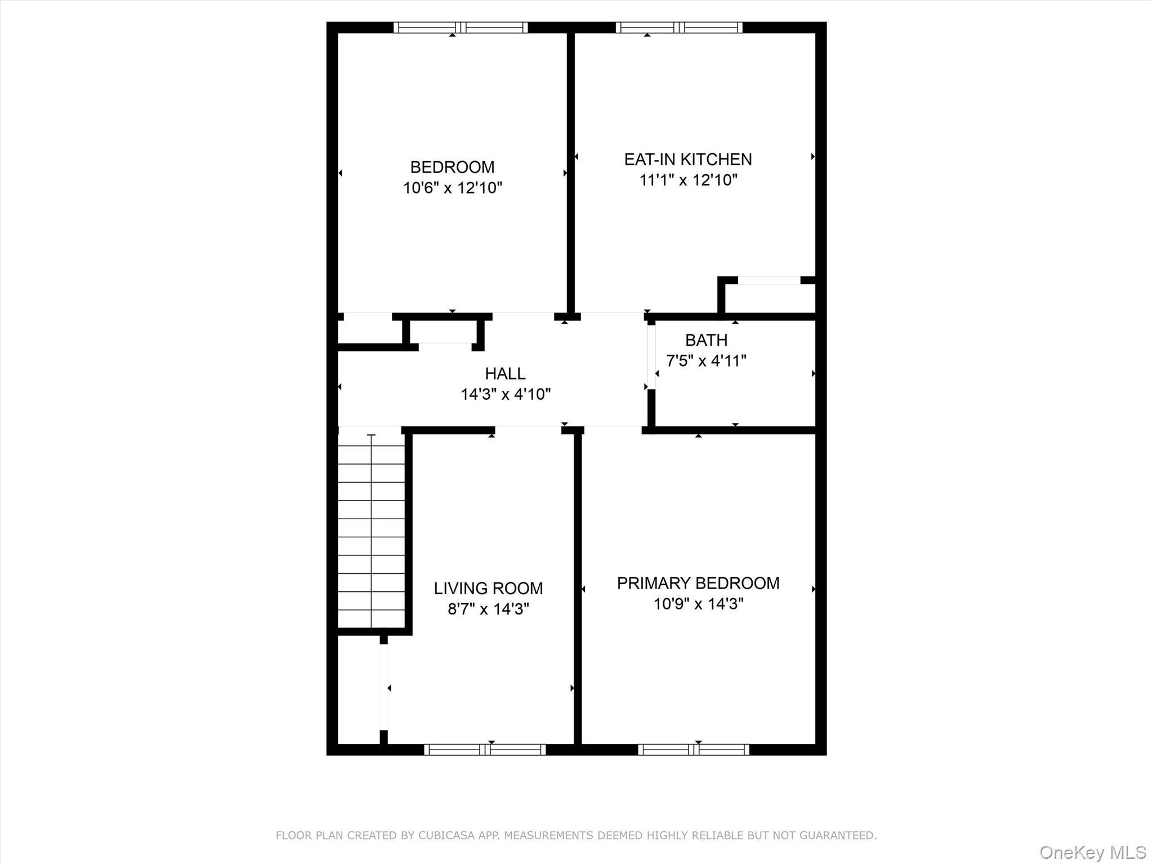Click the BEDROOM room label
click(x=452, y=167)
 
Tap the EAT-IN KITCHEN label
click(x=688, y=159)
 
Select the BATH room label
click(x=706, y=340)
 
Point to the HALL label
click(x=505, y=373)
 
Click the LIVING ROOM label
click(x=488, y=588)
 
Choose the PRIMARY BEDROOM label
click(x=698, y=583)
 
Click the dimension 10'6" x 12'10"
click(x=452, y=188)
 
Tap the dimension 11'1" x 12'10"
click(x=688, y=180)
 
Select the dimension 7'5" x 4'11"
click(x=706, y=360)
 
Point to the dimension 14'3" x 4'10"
click(x=505, y=394)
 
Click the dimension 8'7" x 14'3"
click(x=488, y=609)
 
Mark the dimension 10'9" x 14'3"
click(x=698, y=604)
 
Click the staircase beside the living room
click(x=371, y=529)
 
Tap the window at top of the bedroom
click(x=461, y=28)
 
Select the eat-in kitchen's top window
click(x=679, y=28)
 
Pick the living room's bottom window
click(x=485, y=750)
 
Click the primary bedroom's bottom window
click(x=694, y=750)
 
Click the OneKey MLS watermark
click(x=1092, y=852)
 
